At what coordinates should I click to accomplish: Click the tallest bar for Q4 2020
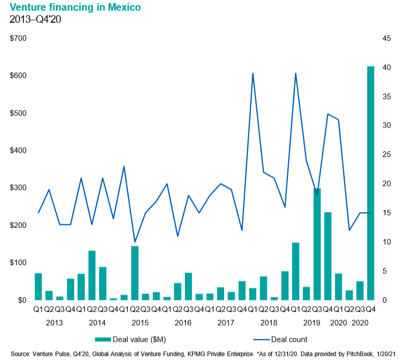(370, 183)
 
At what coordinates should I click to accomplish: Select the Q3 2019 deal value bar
(317, 244)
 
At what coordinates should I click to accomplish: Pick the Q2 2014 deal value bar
(92, 275)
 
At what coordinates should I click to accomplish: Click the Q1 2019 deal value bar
(295, 271)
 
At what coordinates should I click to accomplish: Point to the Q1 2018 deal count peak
(253, 73)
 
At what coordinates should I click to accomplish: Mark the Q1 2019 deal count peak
(295, 73)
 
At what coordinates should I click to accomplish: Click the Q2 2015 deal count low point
(135, 242)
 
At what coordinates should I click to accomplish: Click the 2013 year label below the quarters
(55, 322)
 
